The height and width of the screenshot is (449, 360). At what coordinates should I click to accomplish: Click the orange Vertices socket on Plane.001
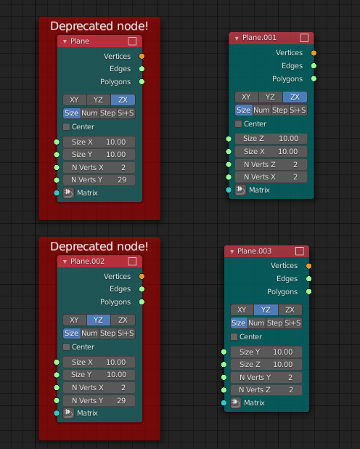[x=314, y=53]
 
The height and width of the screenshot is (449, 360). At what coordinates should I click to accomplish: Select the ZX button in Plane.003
[x=290, y=310]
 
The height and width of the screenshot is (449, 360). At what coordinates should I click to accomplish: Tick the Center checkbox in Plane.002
[x=66, y=347]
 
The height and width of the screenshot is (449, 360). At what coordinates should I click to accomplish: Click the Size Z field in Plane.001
[x=271, y=139]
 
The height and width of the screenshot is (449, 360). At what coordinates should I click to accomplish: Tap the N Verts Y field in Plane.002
[x=99, y=400]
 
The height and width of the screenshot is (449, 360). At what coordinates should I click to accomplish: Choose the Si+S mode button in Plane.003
[x=292, y=323]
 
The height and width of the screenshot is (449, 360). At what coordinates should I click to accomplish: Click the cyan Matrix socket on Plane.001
[x=229, y=190]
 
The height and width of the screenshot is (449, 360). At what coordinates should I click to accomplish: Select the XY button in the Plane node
[x=75, y=100]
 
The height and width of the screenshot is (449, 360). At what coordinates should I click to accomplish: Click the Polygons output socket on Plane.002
[x=142, y=302]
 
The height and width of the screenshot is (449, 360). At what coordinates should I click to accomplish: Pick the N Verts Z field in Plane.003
[x=266, y=390]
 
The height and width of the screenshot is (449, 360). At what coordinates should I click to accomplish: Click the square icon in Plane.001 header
[x=304, y=38]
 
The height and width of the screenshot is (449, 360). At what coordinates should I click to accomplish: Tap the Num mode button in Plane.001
[x=261, y=110]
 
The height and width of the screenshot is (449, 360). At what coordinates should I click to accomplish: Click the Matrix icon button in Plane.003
[x=236, y=403]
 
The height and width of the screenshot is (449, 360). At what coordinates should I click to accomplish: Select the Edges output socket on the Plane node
[x=142, y=69]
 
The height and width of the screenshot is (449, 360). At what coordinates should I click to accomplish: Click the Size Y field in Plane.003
[x=266, y=352]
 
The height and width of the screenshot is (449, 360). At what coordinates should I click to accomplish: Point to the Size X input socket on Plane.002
[x=57, y=363]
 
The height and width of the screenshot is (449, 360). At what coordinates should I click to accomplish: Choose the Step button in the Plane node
[x=108, y=113]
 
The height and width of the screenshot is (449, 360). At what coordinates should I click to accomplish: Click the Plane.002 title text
[x=87, y=262]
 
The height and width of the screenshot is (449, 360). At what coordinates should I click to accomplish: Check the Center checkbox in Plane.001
[x=238, y=124]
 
